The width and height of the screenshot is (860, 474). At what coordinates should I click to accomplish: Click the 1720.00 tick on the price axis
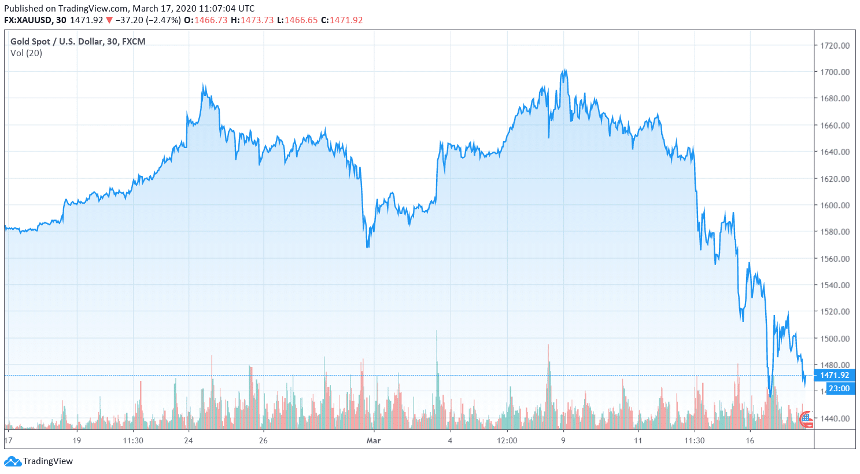pos(835,46)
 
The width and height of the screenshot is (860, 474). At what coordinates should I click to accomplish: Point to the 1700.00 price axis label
pos(835,72)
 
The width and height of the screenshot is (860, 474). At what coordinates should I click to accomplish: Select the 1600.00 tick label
pos(835,205)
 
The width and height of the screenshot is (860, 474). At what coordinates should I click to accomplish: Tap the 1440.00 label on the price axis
pos(835,418)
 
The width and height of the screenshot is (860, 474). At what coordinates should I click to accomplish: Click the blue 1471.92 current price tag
pos(834,376)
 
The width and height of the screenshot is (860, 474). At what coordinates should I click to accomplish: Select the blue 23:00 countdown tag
pos(839,388)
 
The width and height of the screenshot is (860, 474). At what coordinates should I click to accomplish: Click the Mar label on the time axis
pos(374,441)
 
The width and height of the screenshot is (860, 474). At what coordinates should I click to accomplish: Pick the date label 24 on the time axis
pos(189,441)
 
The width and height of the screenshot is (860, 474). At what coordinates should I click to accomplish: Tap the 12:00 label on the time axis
pos(507,441)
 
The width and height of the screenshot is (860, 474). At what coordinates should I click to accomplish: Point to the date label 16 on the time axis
pos(750,441)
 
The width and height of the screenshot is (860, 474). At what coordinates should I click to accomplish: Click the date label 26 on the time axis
pos(263,441)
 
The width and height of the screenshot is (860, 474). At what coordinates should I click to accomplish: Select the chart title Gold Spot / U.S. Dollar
pos(57,42)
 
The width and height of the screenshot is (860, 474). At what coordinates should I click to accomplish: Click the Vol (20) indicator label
pos(26,53)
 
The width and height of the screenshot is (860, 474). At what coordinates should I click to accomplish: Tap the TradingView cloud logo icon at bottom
pos(12,461)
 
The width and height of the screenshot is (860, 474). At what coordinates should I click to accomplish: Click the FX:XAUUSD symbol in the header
pos(27,20)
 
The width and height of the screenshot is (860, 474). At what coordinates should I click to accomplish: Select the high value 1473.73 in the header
pos(257,20)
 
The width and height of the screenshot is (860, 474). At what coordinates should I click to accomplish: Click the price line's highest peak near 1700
pos(564,70)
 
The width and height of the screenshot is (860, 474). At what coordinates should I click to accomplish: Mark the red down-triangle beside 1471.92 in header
pos(109,20)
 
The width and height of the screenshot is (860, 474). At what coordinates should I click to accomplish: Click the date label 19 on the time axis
pos(77,441)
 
